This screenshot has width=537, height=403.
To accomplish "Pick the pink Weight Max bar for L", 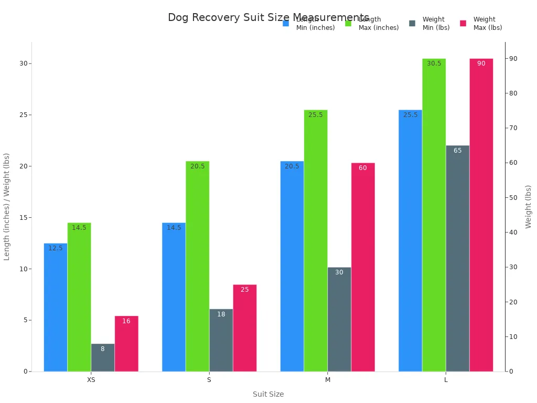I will [481, 215].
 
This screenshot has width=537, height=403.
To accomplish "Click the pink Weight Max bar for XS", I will [126, 344].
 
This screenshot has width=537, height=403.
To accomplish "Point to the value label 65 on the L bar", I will [457, 151].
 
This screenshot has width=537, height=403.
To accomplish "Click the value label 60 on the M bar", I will [363, 168].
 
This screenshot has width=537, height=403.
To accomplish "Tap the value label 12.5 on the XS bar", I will [56, 248].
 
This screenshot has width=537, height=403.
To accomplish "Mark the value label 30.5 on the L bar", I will [434, 63].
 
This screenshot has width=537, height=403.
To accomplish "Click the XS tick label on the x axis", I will [91, 379].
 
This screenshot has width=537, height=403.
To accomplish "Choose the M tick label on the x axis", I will [328, 379].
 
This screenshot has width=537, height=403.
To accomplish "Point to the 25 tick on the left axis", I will [23, 115].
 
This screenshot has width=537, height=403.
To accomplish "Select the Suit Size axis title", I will [268, 394].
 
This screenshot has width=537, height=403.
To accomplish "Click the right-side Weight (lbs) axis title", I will [528, 206].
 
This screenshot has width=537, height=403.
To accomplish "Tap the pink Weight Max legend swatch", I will [463, 23].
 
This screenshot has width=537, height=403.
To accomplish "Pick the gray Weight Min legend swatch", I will [412, 23].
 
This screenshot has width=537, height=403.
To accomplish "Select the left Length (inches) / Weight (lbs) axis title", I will [7, 206].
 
